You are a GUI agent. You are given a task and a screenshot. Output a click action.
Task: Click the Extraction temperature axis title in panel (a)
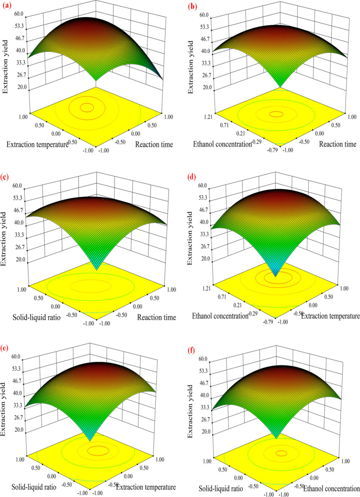(37, 144)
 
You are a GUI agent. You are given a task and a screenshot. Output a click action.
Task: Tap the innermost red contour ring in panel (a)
(87, 108)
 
